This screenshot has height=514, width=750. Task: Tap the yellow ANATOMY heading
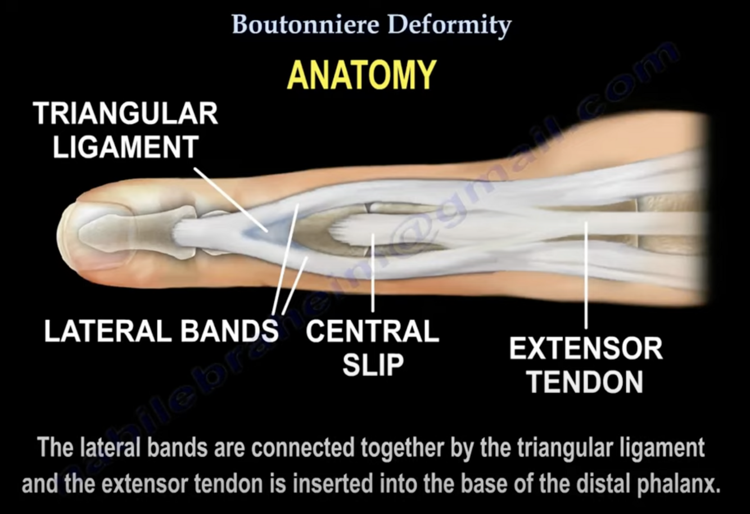coord(362,75)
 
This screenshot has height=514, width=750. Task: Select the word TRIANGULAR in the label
coord(125,114)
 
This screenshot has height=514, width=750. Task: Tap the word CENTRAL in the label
coord(372,331)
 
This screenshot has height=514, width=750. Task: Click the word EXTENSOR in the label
coord(586,349)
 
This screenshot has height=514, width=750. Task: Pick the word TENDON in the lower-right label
coord(586,382)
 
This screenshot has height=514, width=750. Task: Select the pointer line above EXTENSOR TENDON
coord(586,276)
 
